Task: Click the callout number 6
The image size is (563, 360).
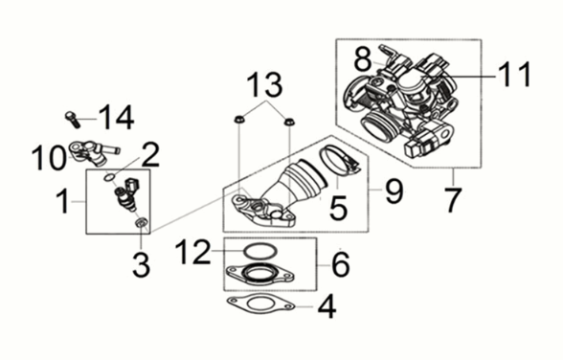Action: (x=342, y=261)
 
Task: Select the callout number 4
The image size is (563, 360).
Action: (x=327, y=309)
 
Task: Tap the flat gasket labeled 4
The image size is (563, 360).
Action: (x=255, y=309)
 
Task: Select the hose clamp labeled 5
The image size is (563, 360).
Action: (x=335, y=159)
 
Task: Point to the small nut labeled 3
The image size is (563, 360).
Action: (x=143, y=224)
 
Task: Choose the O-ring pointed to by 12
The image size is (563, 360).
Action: (x=253, y=252)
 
